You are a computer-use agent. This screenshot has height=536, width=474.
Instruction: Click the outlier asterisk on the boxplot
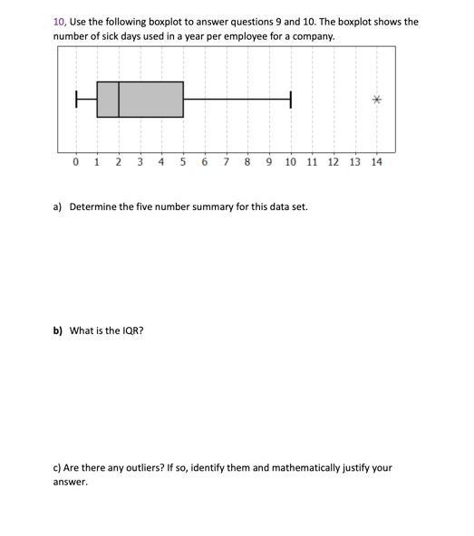coord(376,100)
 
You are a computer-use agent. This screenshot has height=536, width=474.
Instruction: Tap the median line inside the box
coord(119,100)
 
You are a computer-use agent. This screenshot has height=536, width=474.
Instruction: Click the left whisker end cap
coord(76,100)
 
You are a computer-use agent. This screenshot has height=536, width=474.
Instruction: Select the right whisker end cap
coord(291,100)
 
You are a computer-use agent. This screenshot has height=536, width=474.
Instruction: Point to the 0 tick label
coord(75,162)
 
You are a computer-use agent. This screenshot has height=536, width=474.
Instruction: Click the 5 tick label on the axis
coord(182,162)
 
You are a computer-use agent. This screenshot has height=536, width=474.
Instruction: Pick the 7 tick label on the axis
coord(226,162)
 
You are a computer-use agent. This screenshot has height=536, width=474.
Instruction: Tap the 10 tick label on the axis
coord(290,162)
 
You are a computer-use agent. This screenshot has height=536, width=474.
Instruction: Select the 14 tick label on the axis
coord(376,162)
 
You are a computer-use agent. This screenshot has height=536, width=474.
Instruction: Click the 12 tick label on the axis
coord(334,162)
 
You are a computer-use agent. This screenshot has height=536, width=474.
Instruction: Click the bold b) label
coord(58,330)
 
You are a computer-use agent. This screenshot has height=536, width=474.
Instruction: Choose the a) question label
coord(58,206)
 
